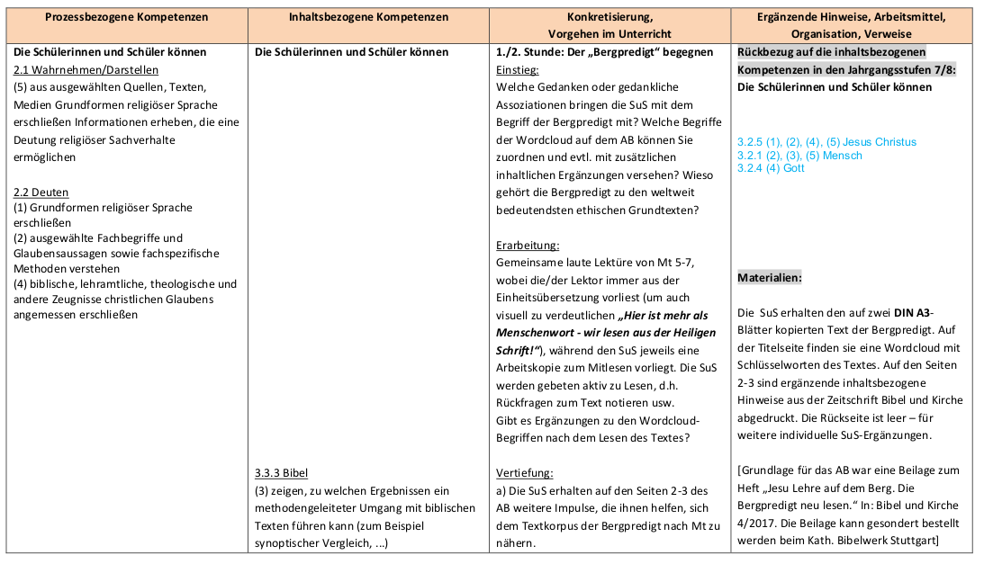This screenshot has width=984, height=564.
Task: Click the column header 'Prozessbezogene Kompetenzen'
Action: coord(126,18)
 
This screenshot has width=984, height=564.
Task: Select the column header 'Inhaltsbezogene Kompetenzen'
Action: coord(368,18)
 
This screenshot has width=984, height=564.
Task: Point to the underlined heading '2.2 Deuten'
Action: coord(41,192)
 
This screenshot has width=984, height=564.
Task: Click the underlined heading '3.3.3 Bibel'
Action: coord(282,472)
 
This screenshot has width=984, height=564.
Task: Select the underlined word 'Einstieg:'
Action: coord(518,69)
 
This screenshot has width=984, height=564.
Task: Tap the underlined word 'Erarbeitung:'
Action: coord(528,245)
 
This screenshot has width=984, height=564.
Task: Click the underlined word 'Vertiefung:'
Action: coord(524,472)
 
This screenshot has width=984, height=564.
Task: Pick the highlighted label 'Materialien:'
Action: coord(770,278)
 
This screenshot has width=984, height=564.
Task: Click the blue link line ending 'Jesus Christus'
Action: coord(826,142)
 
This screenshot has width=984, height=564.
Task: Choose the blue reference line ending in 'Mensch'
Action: coord(799,156)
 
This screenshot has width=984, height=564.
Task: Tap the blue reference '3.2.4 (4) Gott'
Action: coord(771,168)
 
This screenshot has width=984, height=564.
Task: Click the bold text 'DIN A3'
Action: coord(910,313)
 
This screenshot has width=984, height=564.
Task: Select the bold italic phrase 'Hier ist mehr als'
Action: coord(663,315)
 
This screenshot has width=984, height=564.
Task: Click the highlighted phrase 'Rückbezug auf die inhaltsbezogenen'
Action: coord(831,52)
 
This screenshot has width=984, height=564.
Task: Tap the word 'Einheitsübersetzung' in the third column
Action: coord(548,297)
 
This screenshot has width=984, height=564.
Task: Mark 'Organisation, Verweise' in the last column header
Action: coord(852,33)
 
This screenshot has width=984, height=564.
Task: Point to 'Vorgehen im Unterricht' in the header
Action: coord(609,33)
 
